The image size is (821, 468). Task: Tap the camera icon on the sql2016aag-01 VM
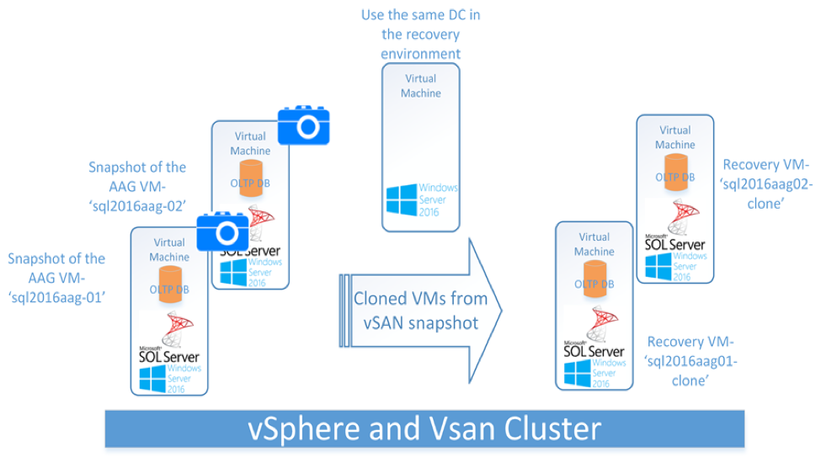coord(223,231)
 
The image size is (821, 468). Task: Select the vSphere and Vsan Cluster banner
coord(424,429)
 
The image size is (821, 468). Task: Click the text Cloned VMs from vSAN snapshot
coord(420,310)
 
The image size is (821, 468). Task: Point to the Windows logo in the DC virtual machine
coord(402,200)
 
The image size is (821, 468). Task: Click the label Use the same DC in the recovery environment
coord(420,35)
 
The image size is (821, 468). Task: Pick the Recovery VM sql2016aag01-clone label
coord(690,361)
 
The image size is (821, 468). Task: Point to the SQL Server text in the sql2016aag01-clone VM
coord(594,351)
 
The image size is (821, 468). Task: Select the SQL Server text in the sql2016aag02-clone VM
coord(675,244)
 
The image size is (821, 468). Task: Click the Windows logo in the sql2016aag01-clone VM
coord(577,374)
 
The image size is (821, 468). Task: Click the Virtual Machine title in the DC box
coord(420,86)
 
